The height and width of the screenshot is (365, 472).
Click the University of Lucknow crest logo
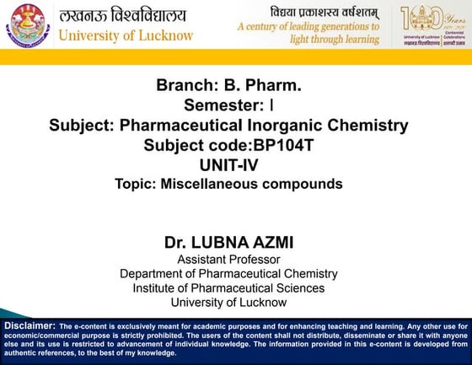(x=28, y=25)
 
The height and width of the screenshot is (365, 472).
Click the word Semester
(x=223, y=105)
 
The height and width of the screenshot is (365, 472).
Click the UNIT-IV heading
(x=228, y=164)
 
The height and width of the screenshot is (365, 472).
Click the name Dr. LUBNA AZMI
(x=228, y=242)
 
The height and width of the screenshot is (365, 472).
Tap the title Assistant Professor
(x=228, y=259)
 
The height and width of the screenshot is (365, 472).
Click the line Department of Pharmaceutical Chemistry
(x=228, y=273)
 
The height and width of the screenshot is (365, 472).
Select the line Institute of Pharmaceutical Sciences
(x=228, y=287)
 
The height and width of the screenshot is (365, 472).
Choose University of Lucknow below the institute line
(x=228, y=302)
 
